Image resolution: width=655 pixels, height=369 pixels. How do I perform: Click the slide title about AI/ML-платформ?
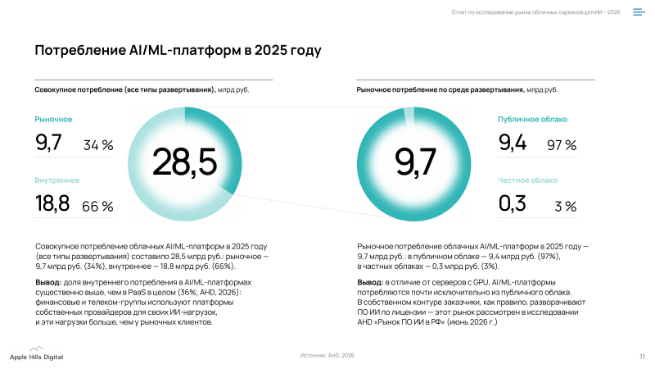(x=178, y=50)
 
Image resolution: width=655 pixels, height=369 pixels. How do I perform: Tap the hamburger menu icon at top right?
(x=639, y=12)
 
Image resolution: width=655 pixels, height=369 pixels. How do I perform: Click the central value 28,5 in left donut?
(x=185, y=162)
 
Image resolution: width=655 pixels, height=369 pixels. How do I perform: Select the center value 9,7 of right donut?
(x=415, y=162)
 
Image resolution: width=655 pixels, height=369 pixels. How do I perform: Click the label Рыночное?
(x=53, y=119)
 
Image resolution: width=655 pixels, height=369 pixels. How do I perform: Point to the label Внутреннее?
(x=56, y=180)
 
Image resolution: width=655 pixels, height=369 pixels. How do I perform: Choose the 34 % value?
(x=98, y=145)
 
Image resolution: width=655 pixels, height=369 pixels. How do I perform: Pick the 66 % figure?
(x=97, y=207)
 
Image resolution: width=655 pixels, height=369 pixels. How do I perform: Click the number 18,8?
(x=52, y=203)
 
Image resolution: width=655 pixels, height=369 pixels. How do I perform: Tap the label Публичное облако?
(x=532, y=119)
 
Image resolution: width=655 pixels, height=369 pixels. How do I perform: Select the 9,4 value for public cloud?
(x=513, y=143)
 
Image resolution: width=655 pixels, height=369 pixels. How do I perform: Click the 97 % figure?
(x=562, y=145)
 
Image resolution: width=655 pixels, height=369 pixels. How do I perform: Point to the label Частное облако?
(x=527, y=180)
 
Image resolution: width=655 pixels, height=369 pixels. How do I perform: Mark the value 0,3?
(x=513, y=203)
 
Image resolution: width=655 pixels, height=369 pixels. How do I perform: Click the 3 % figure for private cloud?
(x=566, y=207)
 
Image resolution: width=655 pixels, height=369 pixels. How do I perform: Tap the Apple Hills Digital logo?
(x=36, y=354)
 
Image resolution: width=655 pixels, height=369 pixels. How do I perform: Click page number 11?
(x=642, y=357)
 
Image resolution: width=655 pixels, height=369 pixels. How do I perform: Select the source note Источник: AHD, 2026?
(x=327, y=355)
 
